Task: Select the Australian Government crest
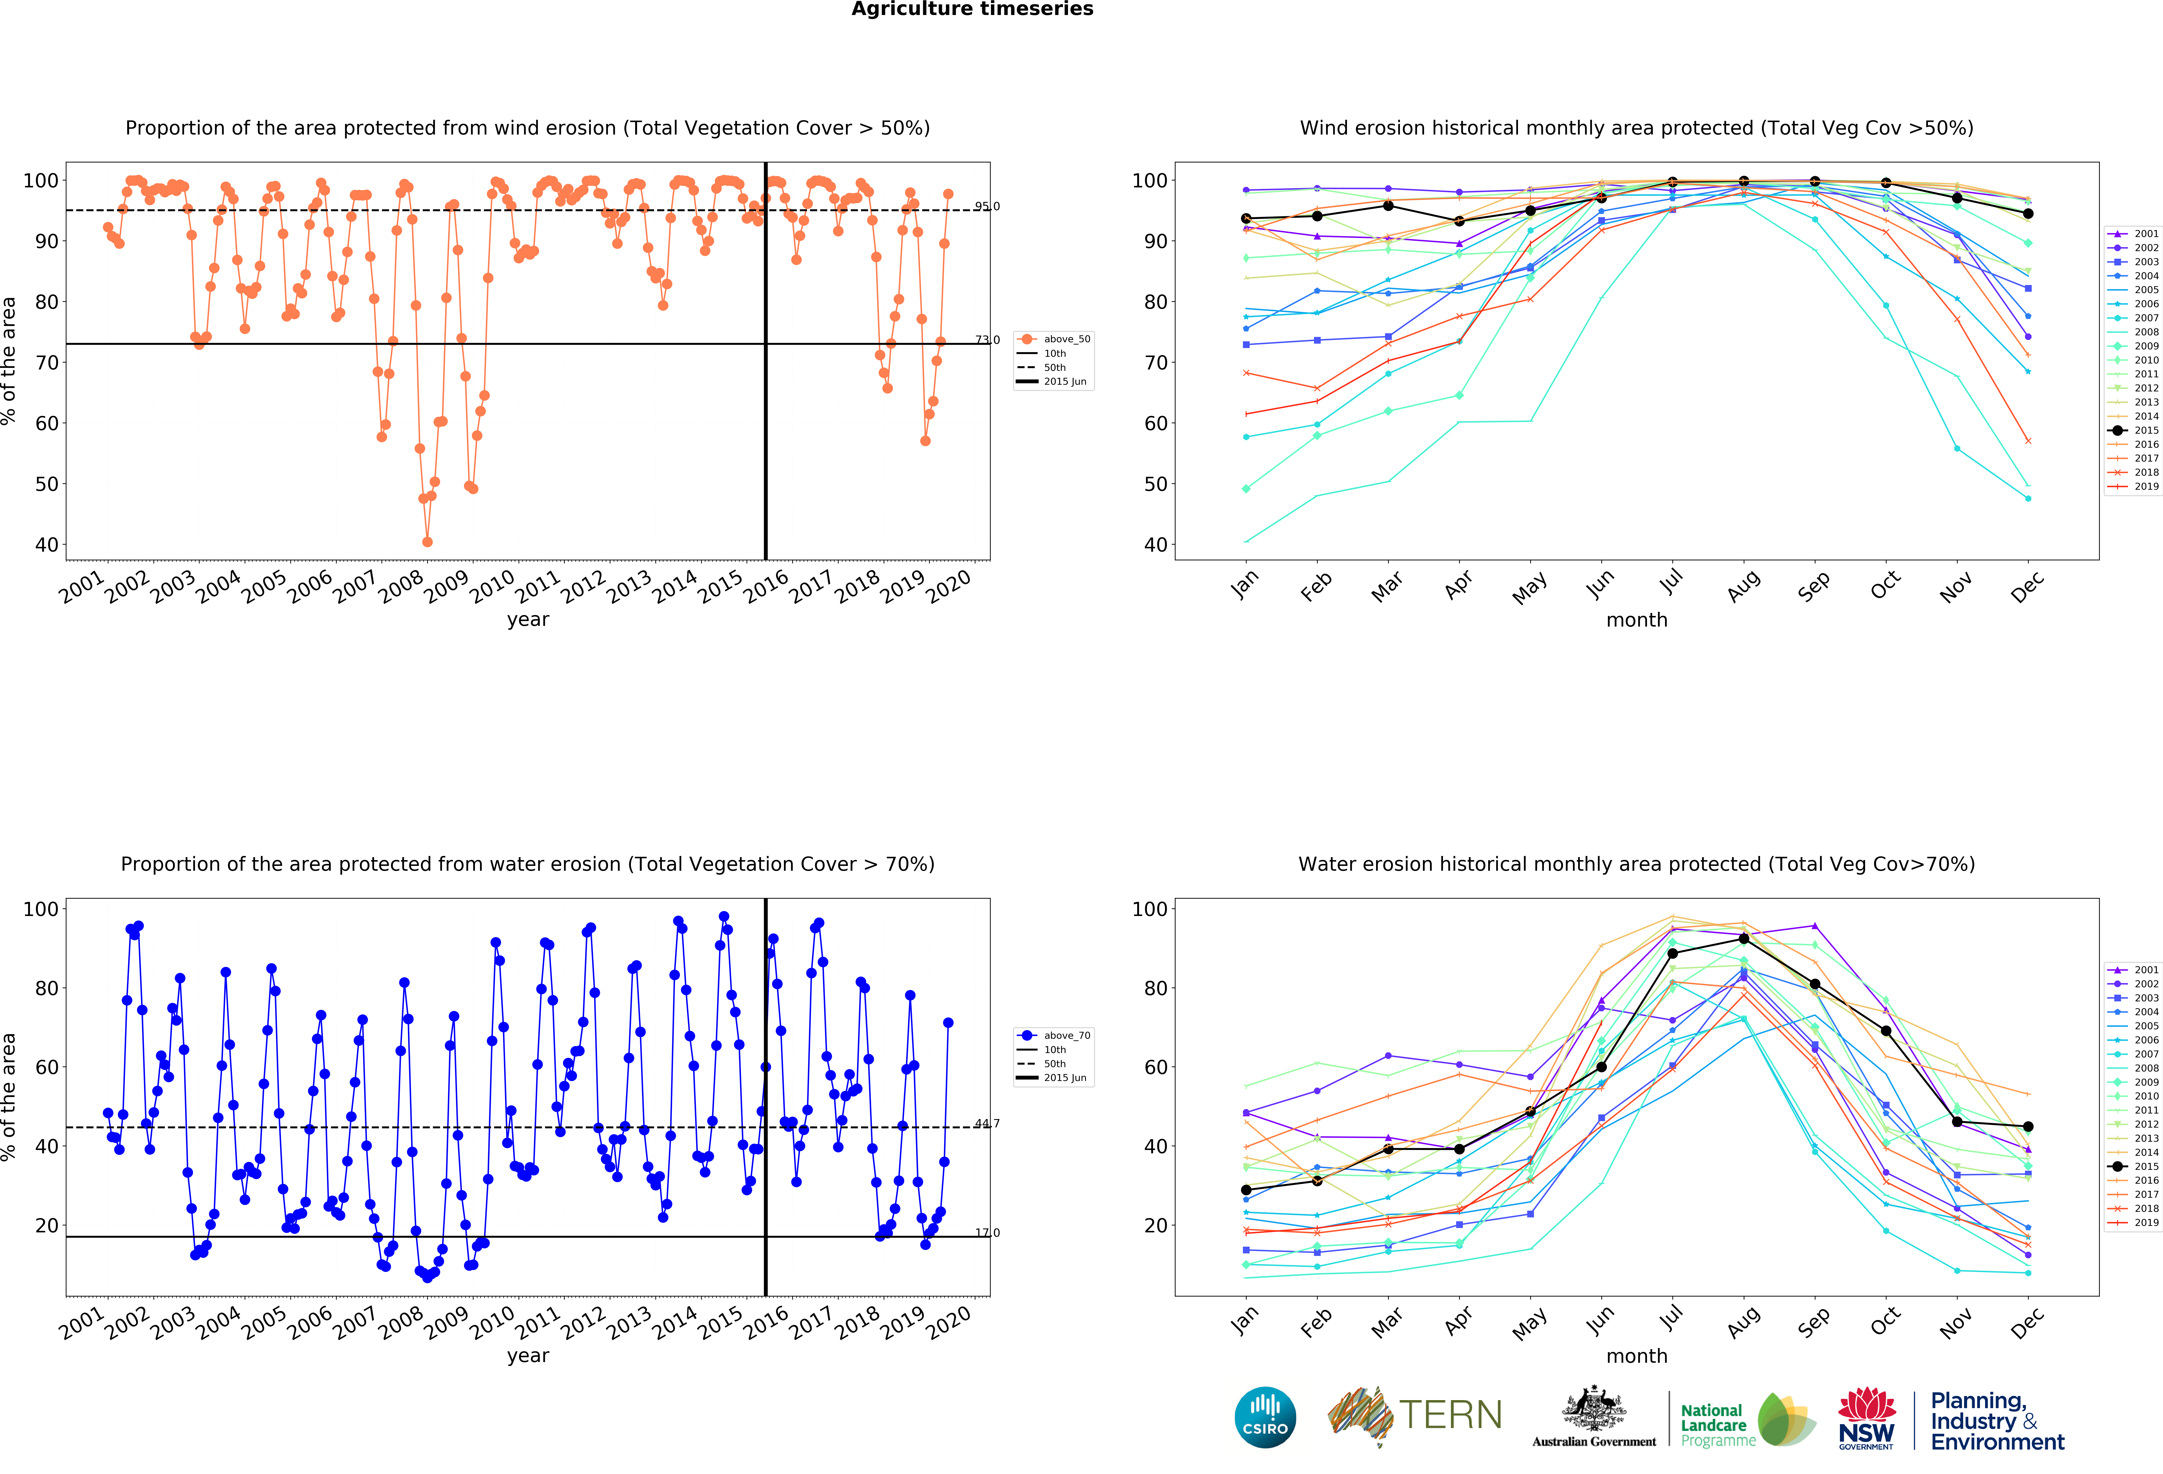click(x=1594, y=1408)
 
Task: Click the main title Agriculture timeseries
click(x=973, y=9)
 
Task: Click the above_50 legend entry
click(x=1054, y=339)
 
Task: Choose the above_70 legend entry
click(x=1054, y=1035)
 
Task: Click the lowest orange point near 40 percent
click(x=427, y=542)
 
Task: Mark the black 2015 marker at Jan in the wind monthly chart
click(x=1246, y=219)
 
